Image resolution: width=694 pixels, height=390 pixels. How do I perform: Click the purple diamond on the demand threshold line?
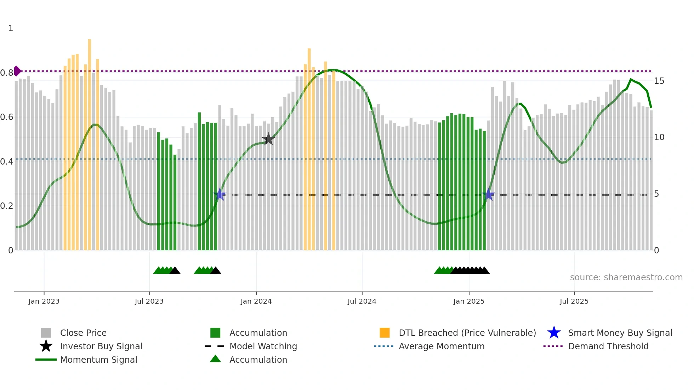pos(17,71)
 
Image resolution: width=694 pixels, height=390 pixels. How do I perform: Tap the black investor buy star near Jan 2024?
pos(268,139)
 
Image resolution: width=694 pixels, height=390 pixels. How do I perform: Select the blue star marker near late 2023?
pos(220,194)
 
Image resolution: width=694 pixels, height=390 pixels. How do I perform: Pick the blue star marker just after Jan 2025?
pos(489,194)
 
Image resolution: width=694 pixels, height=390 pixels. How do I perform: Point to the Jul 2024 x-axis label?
pos(362,301)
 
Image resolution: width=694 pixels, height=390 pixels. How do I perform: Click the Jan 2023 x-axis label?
pos(44,301)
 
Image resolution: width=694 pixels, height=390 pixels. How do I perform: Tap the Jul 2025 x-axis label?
pos(574,301)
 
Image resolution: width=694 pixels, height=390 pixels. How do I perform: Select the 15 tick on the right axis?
pos(659,81)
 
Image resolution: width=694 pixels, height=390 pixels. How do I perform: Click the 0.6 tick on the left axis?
pos(7,117)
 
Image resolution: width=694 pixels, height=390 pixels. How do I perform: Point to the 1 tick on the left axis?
pos(11,28)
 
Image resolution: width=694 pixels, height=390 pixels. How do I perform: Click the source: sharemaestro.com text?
pos(626,277)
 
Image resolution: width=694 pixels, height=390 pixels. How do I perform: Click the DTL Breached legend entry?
pos(467,333)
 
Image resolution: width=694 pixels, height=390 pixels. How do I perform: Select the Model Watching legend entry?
pos(263,346)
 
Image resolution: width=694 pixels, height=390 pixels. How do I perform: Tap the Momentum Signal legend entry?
pos(98,360)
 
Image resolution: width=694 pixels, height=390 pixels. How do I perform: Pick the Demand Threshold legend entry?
pos(608,346)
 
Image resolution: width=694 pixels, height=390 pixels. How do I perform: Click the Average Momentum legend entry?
pos(441,346)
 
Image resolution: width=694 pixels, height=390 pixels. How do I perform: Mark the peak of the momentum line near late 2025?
pos(631,79)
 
